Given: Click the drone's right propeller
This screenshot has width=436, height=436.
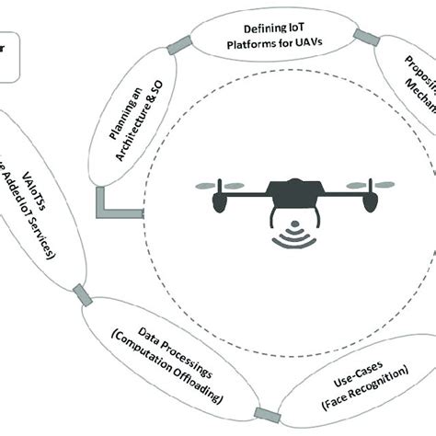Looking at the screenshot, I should coord(360,186).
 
